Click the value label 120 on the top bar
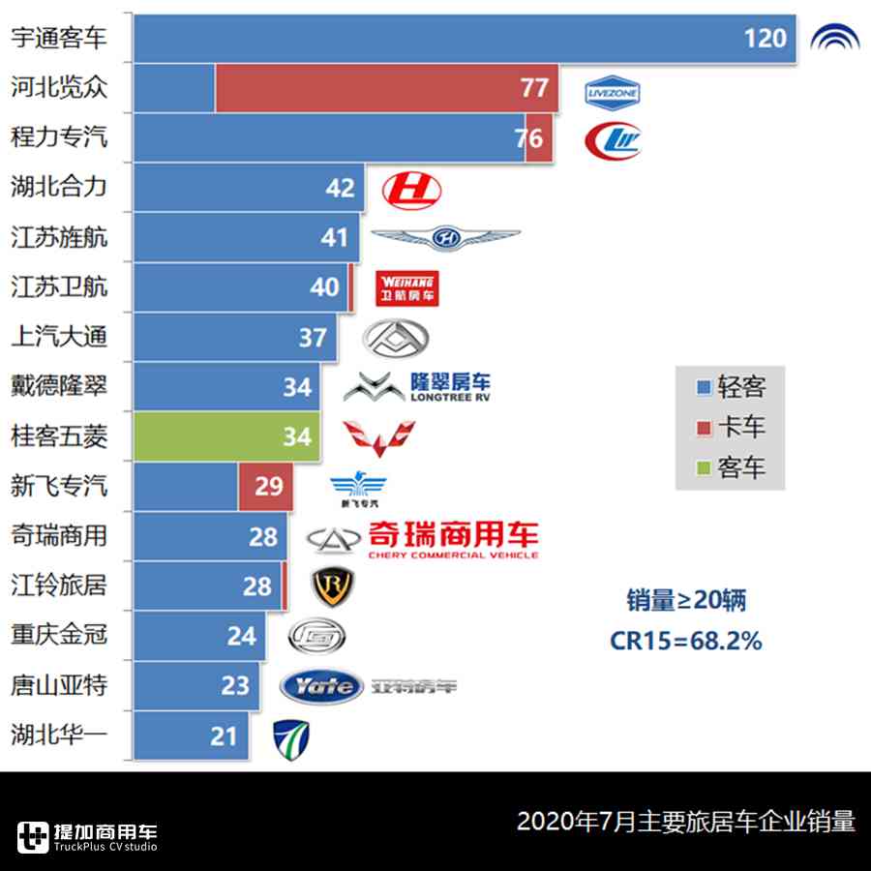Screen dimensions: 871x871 coord(765,39)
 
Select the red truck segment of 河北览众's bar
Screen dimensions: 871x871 coord(386,88)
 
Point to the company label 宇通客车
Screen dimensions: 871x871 coord(58,39)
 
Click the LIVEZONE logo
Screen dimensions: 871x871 coord(613,93)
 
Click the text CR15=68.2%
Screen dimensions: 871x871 coord(685,641)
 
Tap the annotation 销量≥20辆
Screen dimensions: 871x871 coord(685,601)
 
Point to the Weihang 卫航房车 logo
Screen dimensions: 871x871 coord(406,287)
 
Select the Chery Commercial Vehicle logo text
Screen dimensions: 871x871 coord(452,539)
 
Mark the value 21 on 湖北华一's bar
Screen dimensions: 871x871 coord(224,736)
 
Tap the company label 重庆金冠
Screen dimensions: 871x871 coord(58,636)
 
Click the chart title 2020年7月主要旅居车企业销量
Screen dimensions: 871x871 coord(685,822)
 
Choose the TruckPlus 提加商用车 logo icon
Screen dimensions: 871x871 coord(33,836)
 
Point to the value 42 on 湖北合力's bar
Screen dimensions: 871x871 coord(341,188)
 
